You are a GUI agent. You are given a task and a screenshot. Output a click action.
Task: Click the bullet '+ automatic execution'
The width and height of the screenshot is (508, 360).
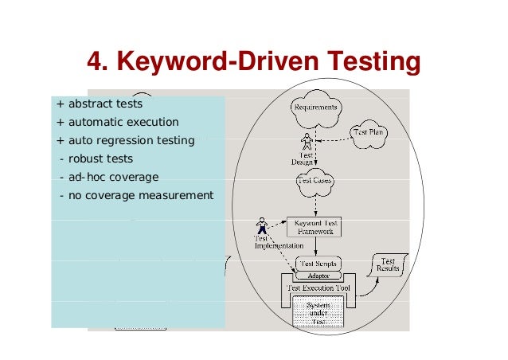(117, 122)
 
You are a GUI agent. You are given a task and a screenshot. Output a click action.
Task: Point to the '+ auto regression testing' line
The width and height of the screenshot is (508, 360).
(125, 140)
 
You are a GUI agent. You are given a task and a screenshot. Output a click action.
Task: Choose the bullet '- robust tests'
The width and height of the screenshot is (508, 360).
(96, 158)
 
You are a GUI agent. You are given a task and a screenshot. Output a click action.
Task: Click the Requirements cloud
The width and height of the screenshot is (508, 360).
(316, 108)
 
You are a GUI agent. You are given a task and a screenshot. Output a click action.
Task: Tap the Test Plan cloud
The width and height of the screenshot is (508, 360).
(370, 133)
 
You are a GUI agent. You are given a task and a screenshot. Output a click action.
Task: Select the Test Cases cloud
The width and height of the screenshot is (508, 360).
(315, 180)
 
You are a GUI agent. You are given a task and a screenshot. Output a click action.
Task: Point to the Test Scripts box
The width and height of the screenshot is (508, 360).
(318, 263)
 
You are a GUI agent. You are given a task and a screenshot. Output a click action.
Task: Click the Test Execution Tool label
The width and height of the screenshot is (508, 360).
(318, 288)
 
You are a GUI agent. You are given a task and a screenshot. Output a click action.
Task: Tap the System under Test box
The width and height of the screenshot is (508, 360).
(318, 311)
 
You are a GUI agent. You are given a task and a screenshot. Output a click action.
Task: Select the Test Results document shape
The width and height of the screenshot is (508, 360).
(388, 266)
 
